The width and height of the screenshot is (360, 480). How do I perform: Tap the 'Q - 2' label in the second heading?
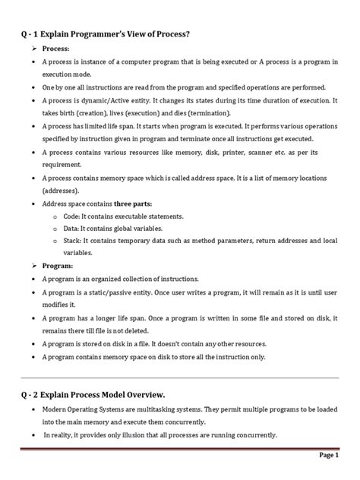(x=33, y=393)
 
